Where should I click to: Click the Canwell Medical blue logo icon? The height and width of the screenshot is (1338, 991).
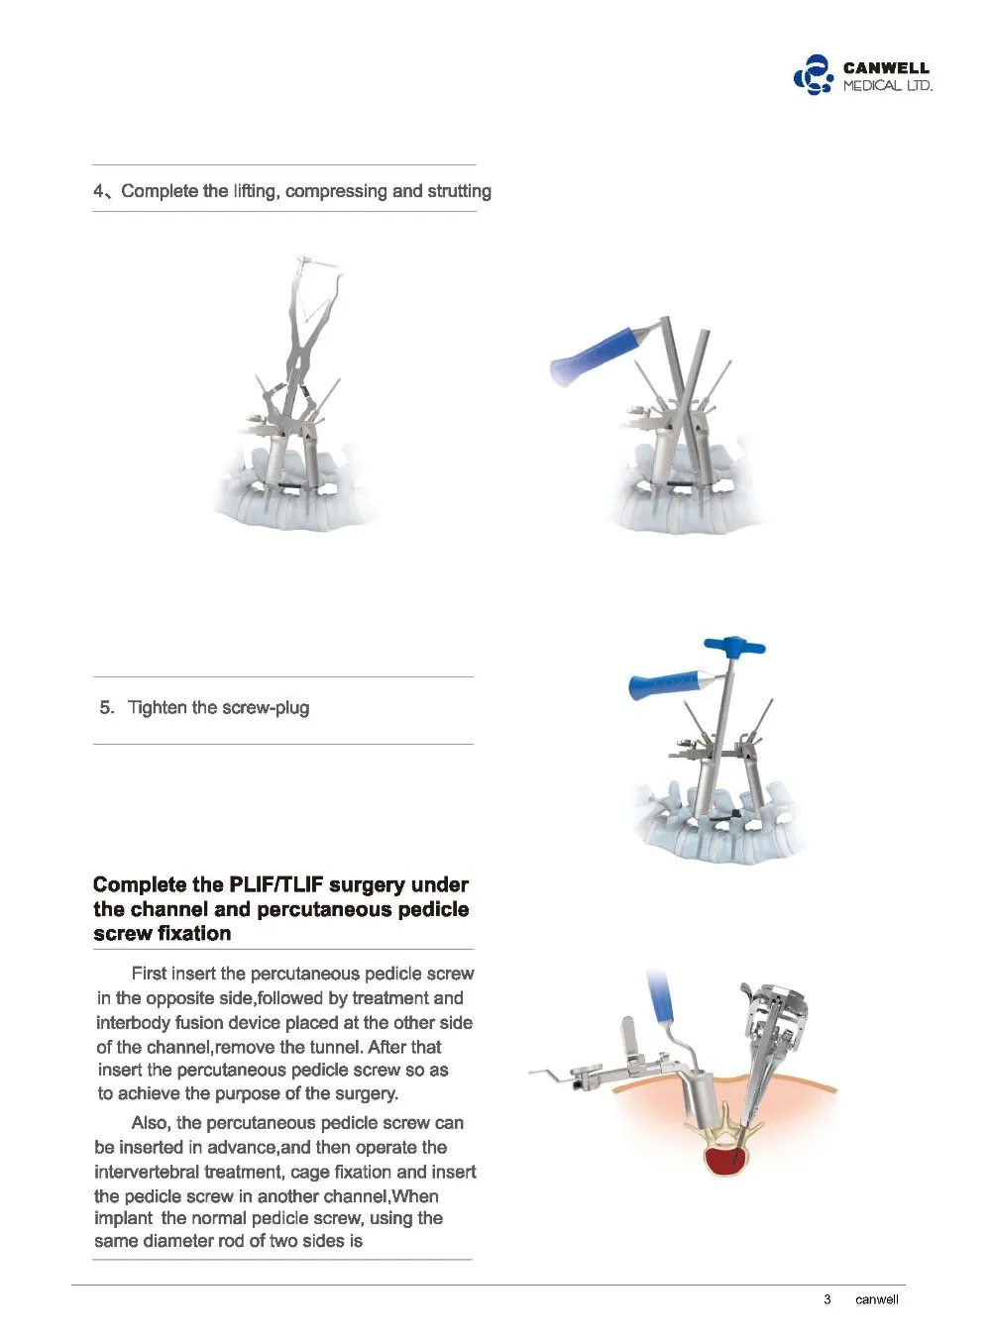click(x=813, y=75)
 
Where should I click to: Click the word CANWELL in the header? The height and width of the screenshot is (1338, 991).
click(x=886, y=67)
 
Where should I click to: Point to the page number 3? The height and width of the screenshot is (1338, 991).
click(x=826, y=1298)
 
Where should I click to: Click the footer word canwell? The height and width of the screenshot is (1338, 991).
click(x=876, y=1298)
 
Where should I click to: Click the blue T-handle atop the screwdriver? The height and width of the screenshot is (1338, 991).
click(x=734, y=645)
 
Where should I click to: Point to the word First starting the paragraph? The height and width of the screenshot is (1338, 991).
click(x=150, y=973)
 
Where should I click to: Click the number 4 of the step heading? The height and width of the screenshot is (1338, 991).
click(x=99, y=191)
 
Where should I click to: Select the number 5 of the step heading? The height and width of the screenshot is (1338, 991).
click(x=106, y=707)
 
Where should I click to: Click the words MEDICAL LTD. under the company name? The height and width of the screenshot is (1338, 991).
click(x=888, y=85)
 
